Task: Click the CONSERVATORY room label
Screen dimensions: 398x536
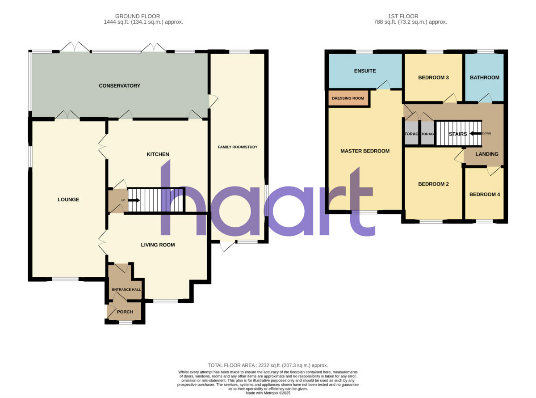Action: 119,86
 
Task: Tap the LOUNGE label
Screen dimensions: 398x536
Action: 68,199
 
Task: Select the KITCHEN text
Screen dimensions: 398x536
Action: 158,154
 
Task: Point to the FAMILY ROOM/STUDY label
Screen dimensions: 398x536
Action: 238,147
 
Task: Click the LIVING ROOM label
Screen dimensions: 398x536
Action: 158,245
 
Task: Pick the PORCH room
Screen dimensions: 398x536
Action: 125,312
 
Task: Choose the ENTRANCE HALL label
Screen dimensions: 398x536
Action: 126,290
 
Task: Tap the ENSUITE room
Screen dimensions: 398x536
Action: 365,71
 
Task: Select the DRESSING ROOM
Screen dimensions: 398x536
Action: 348,98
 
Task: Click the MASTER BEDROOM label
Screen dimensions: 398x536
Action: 365,151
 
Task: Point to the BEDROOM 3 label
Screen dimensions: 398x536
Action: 433,78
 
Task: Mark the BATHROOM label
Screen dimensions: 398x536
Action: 485,78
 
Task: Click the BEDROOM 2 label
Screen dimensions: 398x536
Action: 433,184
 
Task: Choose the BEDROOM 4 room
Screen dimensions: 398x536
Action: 485,195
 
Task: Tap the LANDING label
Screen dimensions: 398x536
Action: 487,154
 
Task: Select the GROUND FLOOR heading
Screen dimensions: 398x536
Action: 138,17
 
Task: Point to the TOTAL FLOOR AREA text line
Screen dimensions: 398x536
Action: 268,365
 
